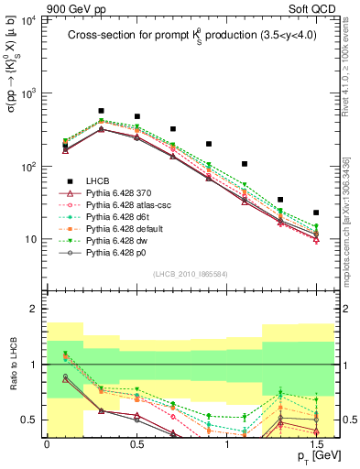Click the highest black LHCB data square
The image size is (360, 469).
click(101, 111)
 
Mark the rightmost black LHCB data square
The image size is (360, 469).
click(316, 213)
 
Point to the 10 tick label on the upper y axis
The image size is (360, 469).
click(30, 239)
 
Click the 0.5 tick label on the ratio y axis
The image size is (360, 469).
click(29, 420)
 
